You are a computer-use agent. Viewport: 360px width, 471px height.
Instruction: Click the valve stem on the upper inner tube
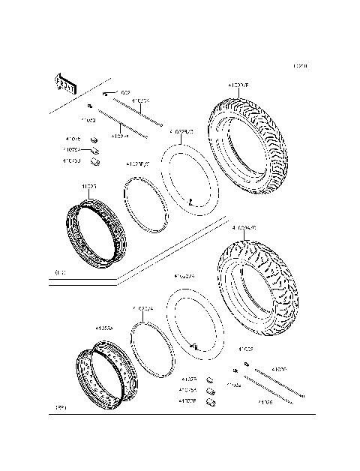(192, 203)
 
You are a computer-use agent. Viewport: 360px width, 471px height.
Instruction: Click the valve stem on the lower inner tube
(193, 346)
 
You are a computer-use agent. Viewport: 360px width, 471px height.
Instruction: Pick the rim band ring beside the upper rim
(146, 201)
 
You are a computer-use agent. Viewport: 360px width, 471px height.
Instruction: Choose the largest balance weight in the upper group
(95, 160)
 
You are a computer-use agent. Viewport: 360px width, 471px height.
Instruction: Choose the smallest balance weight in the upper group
(93, 139)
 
